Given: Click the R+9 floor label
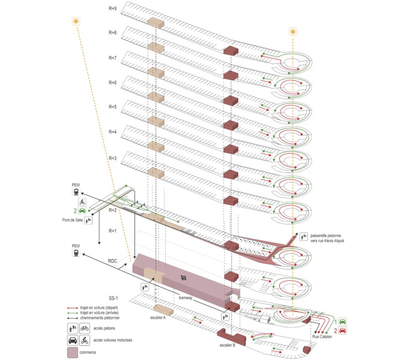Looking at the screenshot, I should click(112, 9).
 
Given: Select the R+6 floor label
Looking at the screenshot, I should click(112, 83).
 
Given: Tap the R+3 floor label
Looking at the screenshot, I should click(112, 158).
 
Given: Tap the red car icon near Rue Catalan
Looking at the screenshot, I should click(343, 331).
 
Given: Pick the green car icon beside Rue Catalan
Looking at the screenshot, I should click(343, 321).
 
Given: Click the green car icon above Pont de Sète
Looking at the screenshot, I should click(82, 211).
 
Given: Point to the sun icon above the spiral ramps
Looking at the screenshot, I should click(293, 32).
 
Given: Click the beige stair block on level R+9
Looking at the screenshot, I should click(155, 23).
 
